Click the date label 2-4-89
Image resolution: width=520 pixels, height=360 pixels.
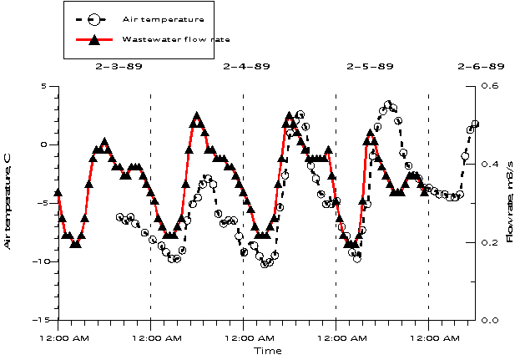coord(246,66)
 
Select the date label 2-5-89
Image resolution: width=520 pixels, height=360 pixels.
coord(370,66)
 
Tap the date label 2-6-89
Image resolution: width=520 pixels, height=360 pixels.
coord(481,66)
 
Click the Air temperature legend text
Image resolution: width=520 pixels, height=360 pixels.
coord(163,18)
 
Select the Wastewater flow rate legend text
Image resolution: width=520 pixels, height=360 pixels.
coord(175,39)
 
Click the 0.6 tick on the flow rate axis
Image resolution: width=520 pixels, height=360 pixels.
coord(492,86)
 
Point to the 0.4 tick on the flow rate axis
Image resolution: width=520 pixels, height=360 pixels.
coord(492,164)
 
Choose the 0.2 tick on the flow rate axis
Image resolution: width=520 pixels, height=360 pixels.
coord(492,242)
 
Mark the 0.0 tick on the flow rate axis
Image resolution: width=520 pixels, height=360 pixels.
coord(492,320)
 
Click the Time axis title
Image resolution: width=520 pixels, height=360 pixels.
coord(268,351)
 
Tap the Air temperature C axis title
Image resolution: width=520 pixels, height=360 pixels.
coord(8,202)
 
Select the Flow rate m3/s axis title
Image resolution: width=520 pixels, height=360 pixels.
coord(510,202)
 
